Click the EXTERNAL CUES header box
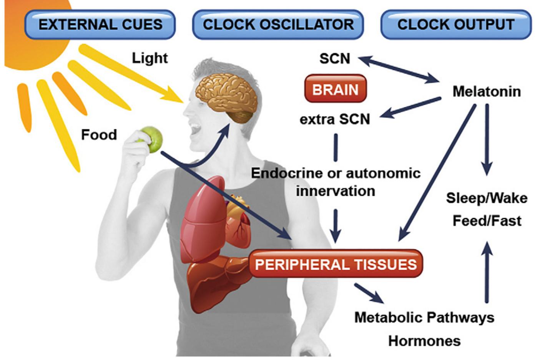point(100,25)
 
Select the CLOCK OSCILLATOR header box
point(278,25)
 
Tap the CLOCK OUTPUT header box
point(456,25)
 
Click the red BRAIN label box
point(335,89)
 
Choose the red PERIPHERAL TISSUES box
point(336,264)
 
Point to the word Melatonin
point(487,92)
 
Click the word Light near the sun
point(150,58)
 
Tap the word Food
point(99,135)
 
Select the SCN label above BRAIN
point(335,58)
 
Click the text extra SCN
point(335,119)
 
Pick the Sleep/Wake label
point(487,198)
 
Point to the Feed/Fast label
point(487,221)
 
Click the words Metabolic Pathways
point(424,317)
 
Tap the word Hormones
point(424,341)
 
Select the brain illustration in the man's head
point(225,96)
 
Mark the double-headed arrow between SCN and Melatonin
point(400,70)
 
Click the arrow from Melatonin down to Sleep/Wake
point(487,138)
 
